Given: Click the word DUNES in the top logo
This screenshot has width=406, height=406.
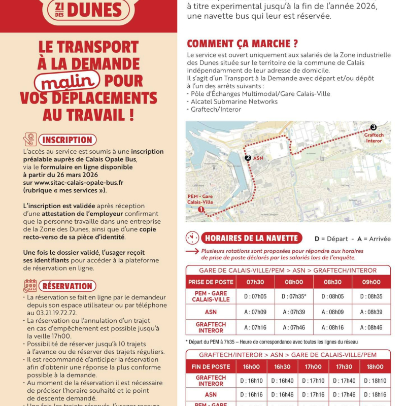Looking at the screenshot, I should pos(94,9).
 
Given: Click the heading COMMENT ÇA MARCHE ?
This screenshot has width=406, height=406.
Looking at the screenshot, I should pos(243,44).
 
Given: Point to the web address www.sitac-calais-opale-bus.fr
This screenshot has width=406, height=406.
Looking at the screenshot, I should pos(74,182).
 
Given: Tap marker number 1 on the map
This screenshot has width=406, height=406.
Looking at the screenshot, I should pos(201,209).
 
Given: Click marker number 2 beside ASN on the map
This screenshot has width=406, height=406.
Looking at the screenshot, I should pos(247,158).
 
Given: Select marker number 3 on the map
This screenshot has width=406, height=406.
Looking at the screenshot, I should pos(374,127).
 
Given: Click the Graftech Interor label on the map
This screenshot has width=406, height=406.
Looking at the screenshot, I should pos(374,138).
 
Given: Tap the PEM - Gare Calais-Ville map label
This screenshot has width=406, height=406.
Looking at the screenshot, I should pos(200,199).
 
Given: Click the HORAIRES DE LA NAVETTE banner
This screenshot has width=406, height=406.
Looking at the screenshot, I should pos(252,238).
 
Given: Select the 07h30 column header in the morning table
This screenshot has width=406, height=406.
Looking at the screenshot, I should pos(255,282).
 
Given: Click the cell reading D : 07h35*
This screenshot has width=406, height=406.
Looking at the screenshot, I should pos(294,296).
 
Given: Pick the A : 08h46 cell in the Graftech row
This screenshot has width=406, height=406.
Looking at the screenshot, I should pos(371,328).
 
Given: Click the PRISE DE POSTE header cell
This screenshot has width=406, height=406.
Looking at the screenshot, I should pos(211,282).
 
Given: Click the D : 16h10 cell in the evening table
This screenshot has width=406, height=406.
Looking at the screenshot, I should pos(253,381).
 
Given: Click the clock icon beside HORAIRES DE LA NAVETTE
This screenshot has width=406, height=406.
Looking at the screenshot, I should pos(193,238).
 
